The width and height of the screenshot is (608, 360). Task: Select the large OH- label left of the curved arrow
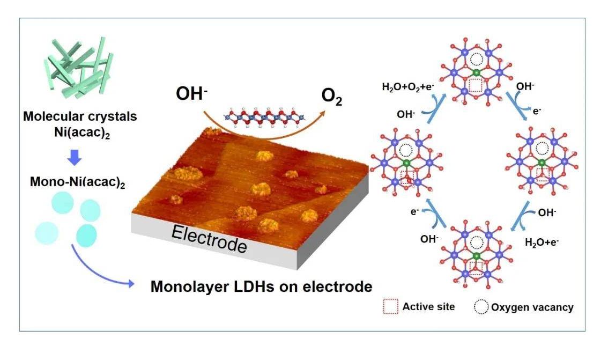coord(190,94)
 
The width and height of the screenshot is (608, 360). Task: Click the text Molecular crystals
coord(81,117)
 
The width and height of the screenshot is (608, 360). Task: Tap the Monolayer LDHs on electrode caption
coord(261,286)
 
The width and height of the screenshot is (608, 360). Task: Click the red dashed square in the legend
coord(391,306)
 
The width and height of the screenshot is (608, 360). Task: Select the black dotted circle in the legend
coord(481,307)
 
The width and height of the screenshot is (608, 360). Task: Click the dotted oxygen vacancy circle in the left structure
coord(407,149)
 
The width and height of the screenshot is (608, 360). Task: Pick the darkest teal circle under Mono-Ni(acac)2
coord(87,234)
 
